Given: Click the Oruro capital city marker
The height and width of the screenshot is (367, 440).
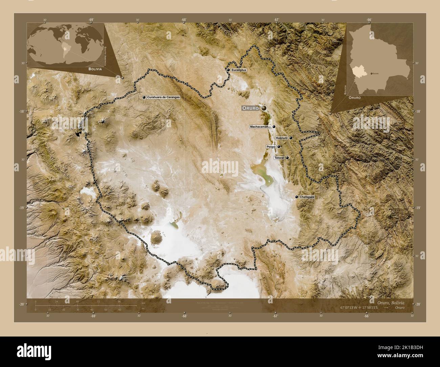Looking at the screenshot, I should point(263,108).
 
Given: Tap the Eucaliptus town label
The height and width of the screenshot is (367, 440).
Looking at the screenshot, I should point(239,70).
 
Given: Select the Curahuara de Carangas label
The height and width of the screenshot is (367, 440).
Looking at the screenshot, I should point(163,97).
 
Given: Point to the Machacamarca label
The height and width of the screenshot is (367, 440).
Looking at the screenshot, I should point(260,127).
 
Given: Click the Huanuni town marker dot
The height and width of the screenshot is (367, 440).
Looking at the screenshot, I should point(291,138).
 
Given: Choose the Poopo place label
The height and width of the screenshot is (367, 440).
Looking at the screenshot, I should point(271,147).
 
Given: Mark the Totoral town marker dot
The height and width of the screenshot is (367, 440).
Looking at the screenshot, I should point(287,158).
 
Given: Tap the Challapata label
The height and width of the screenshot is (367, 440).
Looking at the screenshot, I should point(307,197).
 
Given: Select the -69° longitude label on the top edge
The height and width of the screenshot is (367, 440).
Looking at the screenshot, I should point(91,20).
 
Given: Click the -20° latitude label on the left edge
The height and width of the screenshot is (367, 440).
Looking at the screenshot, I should point(21,304).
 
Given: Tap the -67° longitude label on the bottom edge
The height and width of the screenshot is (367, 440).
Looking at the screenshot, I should point(276,316).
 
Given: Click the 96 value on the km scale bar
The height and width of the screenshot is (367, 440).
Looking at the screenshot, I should point(119,301).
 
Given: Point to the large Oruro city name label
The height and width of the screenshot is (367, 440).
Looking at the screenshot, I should point(250,108).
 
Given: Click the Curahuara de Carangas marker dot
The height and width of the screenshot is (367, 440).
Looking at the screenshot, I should point(144,97).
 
